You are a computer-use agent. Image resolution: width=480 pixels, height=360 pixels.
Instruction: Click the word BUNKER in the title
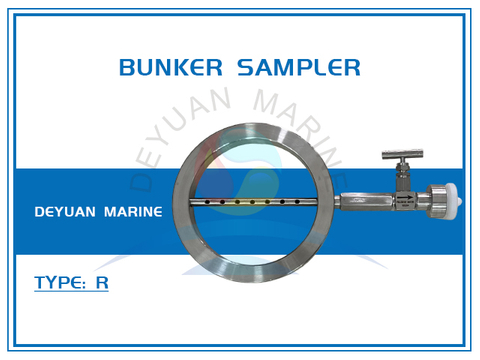pos(172,68)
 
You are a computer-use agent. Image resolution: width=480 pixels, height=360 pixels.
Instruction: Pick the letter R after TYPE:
pos(103,283)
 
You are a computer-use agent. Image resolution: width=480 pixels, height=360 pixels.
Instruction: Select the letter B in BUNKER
pos(126,68)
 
